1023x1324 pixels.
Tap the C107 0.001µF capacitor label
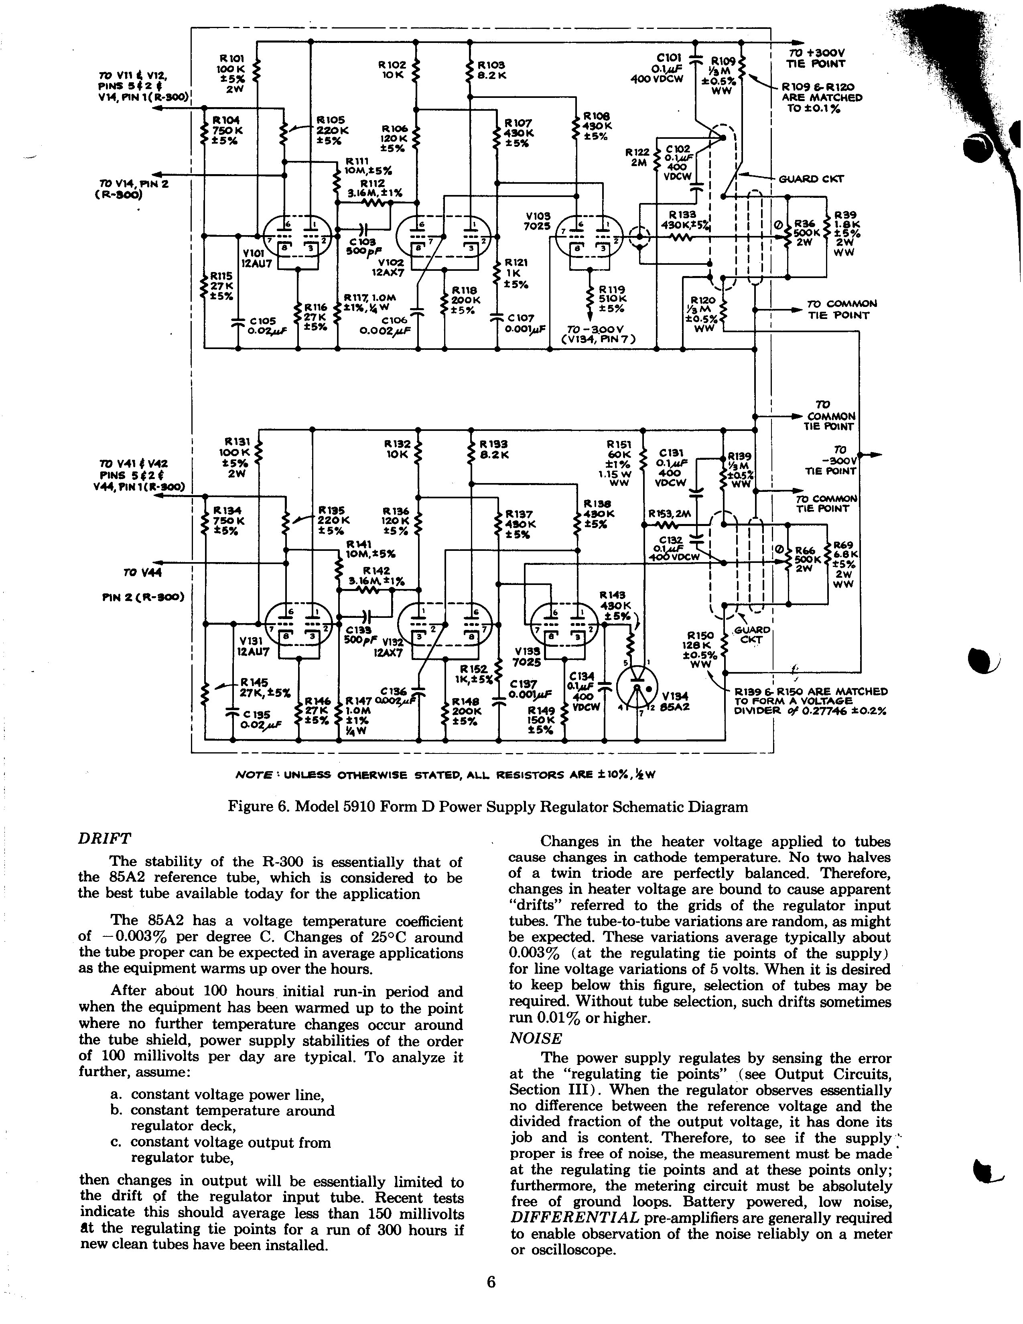[523, 323]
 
